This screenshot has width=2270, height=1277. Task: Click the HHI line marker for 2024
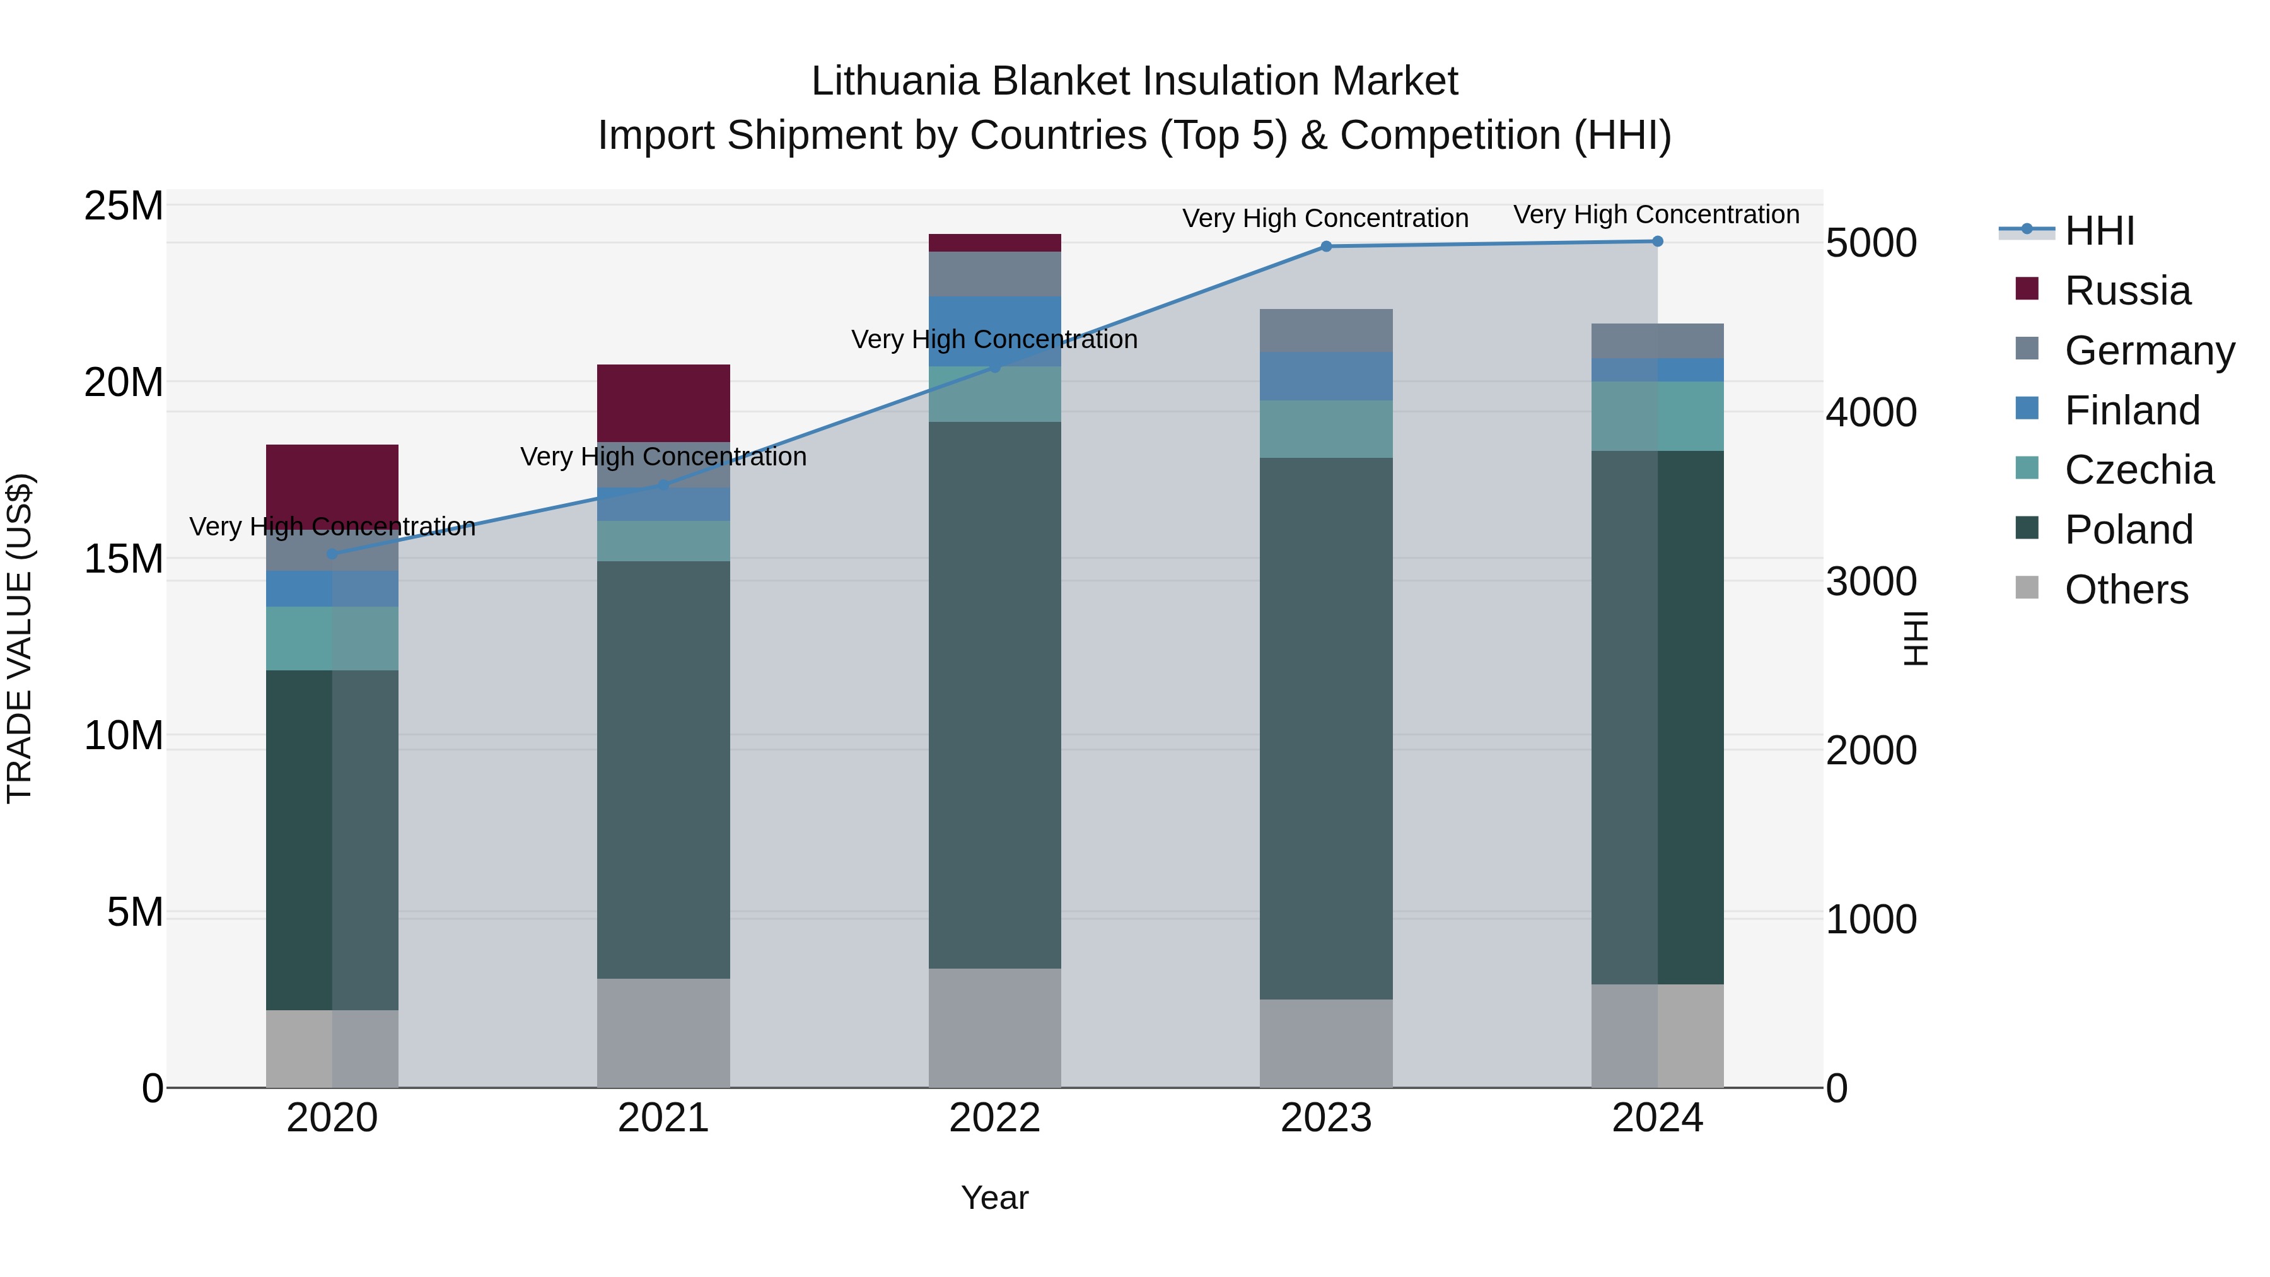1656,242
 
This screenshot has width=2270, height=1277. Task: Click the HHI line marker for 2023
1325,247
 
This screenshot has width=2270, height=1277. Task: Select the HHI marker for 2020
332,554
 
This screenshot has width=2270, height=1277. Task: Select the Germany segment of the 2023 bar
1325,330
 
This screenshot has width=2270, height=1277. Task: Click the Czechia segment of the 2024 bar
1656,416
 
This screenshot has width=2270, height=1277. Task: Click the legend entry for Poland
2128,530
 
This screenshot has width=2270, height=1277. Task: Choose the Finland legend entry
2132,411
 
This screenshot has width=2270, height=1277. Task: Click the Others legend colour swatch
2027,588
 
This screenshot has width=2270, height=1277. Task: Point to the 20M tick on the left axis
124,383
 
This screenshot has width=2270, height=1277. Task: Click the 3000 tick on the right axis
1871,581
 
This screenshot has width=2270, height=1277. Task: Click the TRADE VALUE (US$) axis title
20,638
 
